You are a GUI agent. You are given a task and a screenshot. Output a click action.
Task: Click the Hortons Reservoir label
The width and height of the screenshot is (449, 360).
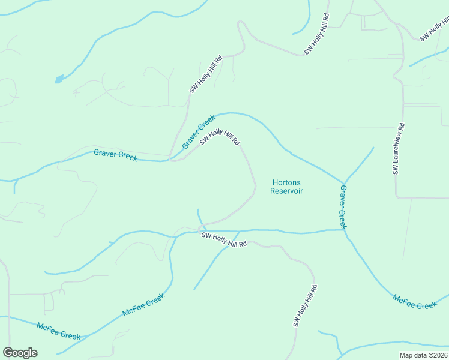tap(286, 187)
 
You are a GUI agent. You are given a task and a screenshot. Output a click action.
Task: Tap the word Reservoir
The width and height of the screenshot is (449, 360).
tap(286, 191)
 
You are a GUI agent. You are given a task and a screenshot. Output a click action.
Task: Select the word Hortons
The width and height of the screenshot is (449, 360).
tap(286, 182)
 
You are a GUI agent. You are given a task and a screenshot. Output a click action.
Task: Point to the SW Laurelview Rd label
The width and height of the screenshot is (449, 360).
tap(399, 149)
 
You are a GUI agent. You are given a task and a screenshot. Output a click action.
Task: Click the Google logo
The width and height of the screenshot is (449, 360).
tap(20, 353)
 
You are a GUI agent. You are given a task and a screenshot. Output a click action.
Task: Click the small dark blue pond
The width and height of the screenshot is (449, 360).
tap(59, 79)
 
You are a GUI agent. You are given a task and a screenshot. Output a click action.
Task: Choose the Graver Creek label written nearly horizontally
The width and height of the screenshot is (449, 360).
tap(116, 155)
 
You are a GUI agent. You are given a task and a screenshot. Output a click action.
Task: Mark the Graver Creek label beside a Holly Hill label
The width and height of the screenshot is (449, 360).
tap(199, 132)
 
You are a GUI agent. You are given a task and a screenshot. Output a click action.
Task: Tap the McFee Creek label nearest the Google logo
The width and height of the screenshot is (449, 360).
tap(58, 331)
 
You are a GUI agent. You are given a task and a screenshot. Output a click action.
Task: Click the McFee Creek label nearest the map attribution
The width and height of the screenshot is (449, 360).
tap(415, 302)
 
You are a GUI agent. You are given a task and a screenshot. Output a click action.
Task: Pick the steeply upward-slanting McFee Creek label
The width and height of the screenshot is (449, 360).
tap(143, 305)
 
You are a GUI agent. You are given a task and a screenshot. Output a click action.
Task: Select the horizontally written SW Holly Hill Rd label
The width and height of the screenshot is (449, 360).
tap(224, 240)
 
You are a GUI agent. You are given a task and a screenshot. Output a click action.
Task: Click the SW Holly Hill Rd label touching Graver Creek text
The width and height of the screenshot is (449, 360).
tap(220, 138)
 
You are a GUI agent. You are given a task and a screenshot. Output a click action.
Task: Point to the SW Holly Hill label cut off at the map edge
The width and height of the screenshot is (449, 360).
tap(433, 28)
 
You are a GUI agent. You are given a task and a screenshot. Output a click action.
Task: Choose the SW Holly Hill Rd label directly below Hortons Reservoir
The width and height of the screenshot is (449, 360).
tap(304, 306)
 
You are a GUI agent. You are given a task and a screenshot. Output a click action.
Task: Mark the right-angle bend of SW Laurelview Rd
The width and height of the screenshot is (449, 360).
tap(396, 197)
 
